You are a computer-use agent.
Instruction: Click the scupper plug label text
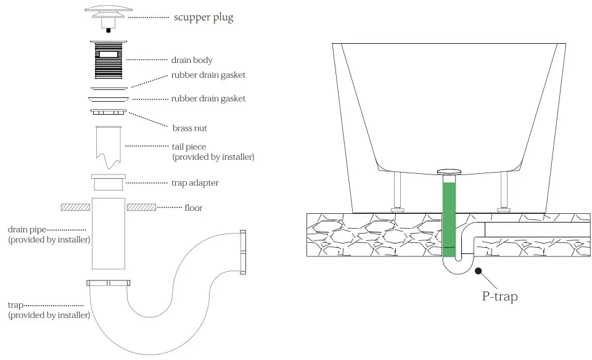point(203,17)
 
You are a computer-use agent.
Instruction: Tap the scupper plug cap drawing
point(109,12)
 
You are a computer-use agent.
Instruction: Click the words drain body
point(192,60)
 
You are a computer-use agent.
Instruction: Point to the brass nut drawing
point(109,112)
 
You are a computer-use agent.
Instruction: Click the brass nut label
point(189,128)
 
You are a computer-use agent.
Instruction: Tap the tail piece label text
point(189,147)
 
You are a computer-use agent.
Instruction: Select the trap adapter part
point(109,183)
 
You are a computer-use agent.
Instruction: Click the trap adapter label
point(194,183)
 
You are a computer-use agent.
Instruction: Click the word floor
point(194,208)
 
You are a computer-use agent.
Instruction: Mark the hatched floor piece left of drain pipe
point(76,207)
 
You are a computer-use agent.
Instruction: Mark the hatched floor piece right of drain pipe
point(141,207)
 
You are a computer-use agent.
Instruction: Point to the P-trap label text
point(499,297)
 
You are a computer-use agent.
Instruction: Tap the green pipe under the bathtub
point(449,216)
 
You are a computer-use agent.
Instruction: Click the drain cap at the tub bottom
point(449,171)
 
